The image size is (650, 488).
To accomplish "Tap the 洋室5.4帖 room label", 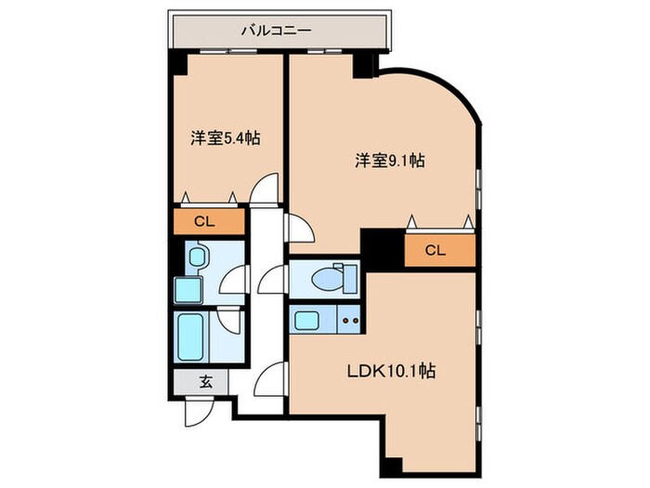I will tap(225, 138).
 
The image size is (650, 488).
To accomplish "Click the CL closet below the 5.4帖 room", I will tap(207, 222).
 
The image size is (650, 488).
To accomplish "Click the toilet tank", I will tap(350, 278).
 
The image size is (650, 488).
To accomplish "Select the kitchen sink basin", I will tap(308, 322).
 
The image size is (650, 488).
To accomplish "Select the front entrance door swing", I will tap(198, 408).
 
